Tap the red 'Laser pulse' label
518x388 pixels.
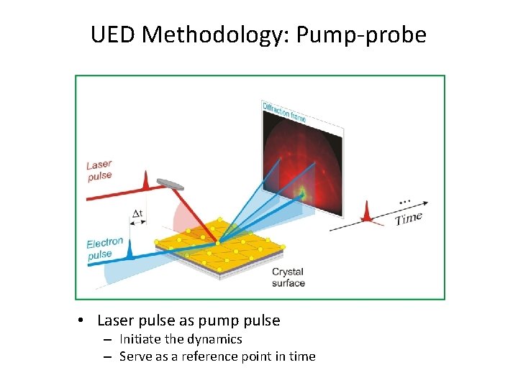[x=100, y=171]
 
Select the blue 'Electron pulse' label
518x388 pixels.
[x=104, y=249]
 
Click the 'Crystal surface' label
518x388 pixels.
[x=288, y=277]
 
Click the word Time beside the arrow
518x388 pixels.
[x=408, y=218]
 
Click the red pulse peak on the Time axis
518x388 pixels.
[x=368, y=211]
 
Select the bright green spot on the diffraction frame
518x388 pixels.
[x=302, y=192]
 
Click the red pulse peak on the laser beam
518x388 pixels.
[x=145, y=180]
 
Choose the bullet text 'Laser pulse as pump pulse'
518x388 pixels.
[x=188, y=320]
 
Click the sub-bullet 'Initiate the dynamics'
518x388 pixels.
[x=181, y=339]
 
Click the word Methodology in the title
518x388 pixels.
[x=219, y=34]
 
